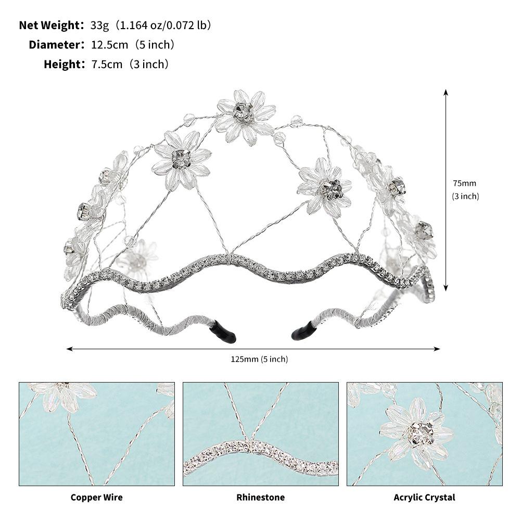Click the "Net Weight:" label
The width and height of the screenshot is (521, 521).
[52, 26]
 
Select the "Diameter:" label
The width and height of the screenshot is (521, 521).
[57, 45]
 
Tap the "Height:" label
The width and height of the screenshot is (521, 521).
[65, 64]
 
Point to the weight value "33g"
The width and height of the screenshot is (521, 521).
[100, 26]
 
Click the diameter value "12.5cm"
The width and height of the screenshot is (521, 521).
[110, 45]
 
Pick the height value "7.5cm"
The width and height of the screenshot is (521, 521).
[107, 64]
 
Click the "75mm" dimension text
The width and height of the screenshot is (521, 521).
[464, 183]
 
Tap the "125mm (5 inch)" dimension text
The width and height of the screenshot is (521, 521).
[259, 359]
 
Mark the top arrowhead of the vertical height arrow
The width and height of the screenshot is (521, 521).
[446, 92]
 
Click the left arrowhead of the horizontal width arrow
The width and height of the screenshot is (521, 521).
[69, 349]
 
